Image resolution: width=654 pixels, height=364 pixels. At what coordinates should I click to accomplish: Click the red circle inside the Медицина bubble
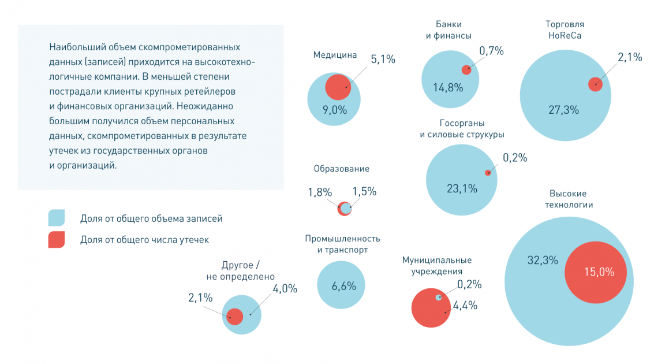tap(338, 87)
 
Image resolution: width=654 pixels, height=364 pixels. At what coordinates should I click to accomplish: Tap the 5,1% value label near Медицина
tap(383, 59)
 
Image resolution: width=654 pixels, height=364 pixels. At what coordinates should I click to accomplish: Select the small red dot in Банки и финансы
tap(466, 70)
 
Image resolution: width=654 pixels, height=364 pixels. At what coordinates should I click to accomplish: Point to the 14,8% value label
tap(448, 88)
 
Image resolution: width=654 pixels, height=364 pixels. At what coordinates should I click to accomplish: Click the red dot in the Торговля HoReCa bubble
tap(595, 84)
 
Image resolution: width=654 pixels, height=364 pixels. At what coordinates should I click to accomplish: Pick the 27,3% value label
tap(563, 110)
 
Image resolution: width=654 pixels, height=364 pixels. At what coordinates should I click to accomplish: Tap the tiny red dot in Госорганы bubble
tap(488, 172)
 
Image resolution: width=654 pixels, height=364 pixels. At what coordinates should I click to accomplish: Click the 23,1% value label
tap(462, 188)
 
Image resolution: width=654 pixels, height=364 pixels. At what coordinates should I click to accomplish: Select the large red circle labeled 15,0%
tap(595, 272)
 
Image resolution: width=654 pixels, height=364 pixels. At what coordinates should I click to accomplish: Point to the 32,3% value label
tap(542, 260)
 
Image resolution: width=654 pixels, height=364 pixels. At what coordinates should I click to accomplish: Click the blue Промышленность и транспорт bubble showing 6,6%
tap(341, 285)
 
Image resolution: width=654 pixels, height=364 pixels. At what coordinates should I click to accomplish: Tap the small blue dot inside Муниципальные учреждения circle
tap(439, 298)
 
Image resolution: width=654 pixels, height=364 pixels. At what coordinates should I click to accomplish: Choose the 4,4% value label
tap(465, 306)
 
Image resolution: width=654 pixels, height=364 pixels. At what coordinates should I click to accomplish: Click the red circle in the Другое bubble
tap(234, 317)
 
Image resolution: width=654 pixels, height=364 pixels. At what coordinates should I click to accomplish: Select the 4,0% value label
tap(285, 288)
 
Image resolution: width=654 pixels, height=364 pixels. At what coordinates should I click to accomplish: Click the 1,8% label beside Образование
tap(319, 192)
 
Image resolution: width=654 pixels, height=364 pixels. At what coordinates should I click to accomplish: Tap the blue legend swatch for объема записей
tap(57, 218)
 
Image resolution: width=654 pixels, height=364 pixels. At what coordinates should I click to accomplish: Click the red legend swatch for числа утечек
tap(57, 239)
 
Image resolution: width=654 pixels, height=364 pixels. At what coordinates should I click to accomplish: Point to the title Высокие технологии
tap(568, 199)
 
